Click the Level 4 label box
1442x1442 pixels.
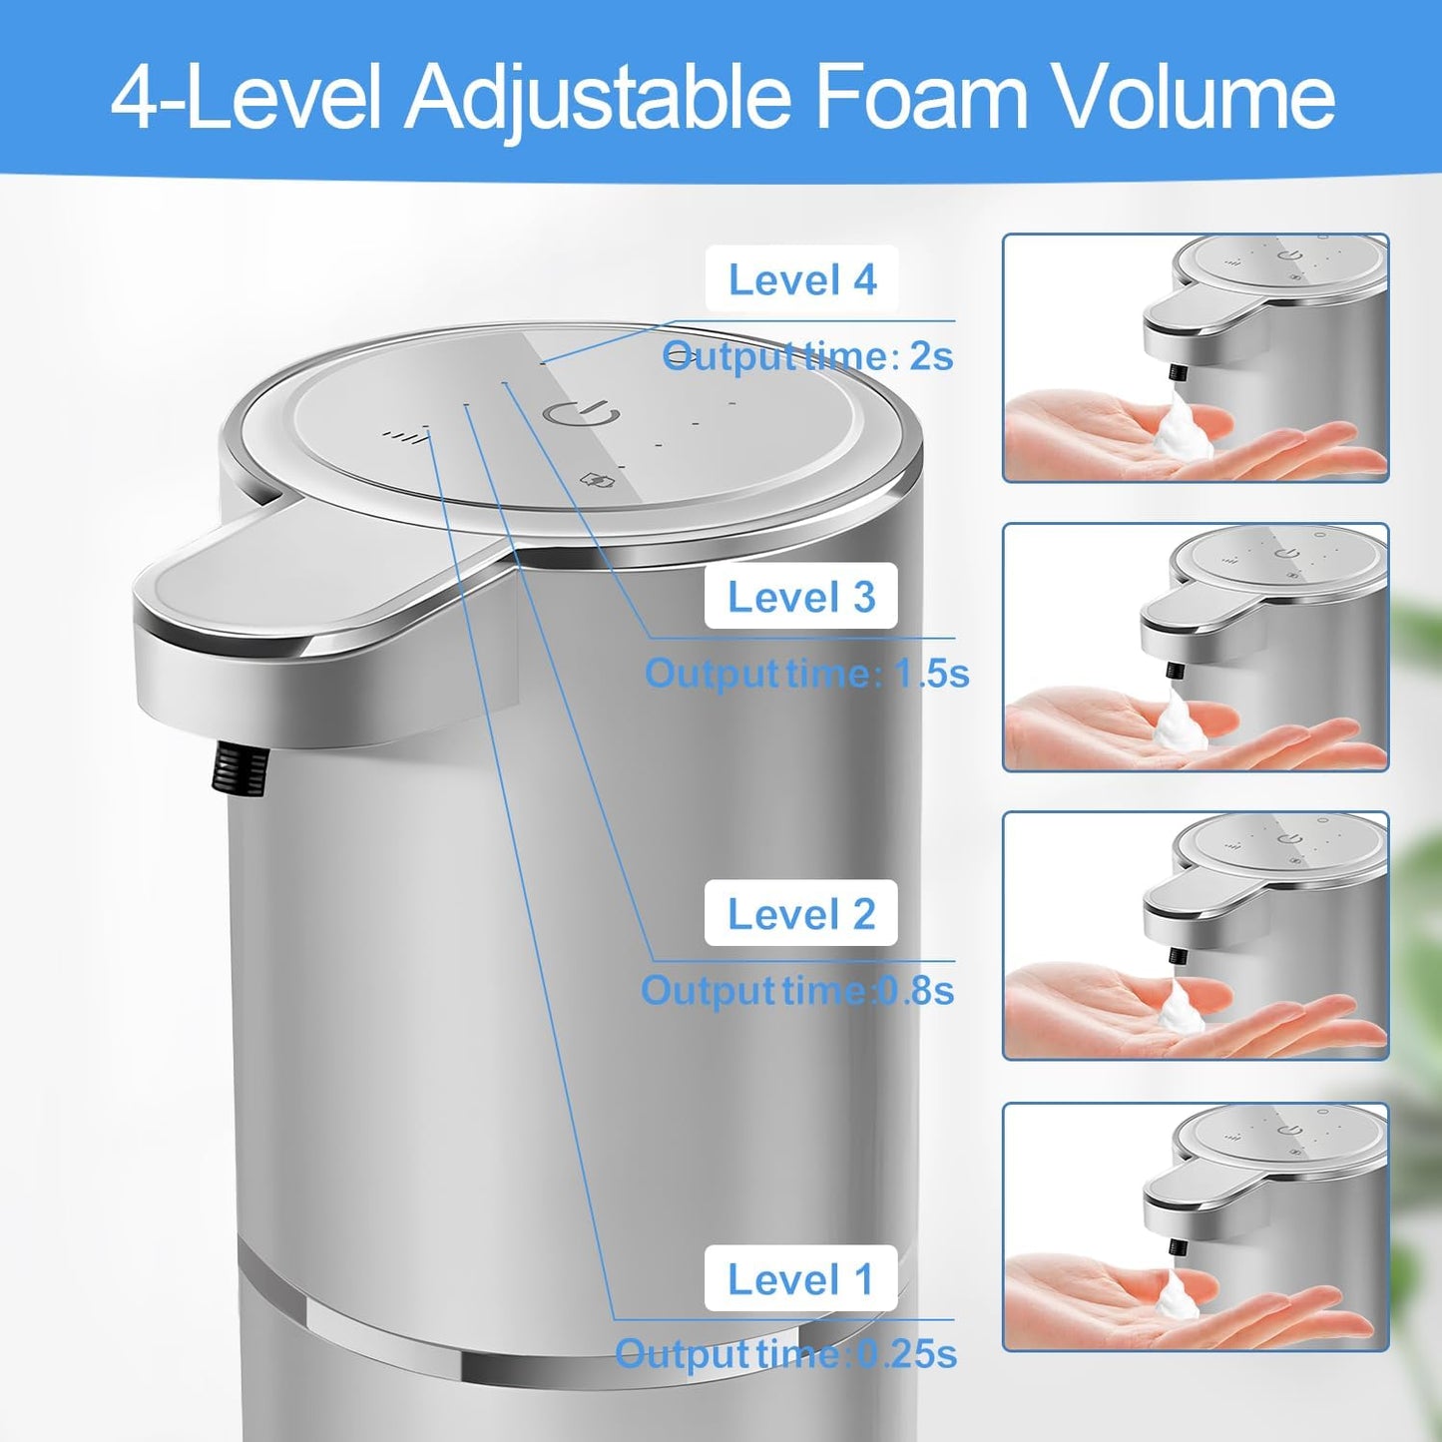(x=801, y=279)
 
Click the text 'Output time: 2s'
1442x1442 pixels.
(x=808, y=356)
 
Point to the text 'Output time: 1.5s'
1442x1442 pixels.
(x=806, y=674)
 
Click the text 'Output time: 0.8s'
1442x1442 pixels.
(x=797, y=991)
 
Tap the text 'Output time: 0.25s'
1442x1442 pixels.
(x=785, y=1354)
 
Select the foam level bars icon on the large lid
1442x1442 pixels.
(x=398, y=435)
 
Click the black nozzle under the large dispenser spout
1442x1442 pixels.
(x=240, y=769)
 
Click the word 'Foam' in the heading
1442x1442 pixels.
(x=922, y=97)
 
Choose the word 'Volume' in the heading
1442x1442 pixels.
(x=1196, y=97)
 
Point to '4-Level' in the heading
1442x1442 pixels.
(x=245, y=97)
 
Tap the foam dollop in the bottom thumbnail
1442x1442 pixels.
(x=1179, y=1299)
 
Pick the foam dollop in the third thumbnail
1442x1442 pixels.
(x=1181, y=1008)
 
